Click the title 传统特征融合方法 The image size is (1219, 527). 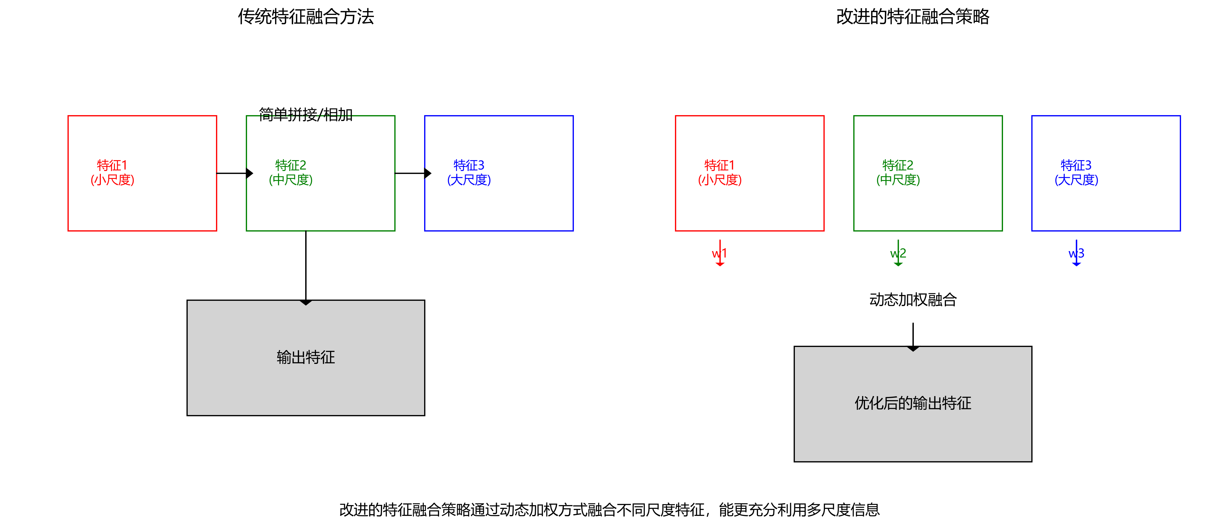pos(306,17)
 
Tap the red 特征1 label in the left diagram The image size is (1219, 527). pos(112,172)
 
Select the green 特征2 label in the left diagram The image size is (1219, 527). pos(291,172)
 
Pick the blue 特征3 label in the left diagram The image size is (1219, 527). pos(469,172)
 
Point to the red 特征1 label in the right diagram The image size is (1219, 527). pos(719,172)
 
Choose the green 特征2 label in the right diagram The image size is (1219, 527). pos(898,172)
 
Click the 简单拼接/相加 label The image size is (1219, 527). pos(306,115)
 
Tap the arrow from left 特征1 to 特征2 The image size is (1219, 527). pos(233,173)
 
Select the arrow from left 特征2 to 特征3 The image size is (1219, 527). pos(411,173)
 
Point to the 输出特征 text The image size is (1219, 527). pos(306,357)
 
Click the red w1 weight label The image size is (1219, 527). pos(719,254)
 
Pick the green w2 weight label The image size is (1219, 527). pos(898,254)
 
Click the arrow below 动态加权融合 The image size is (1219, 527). pos(913,336)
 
